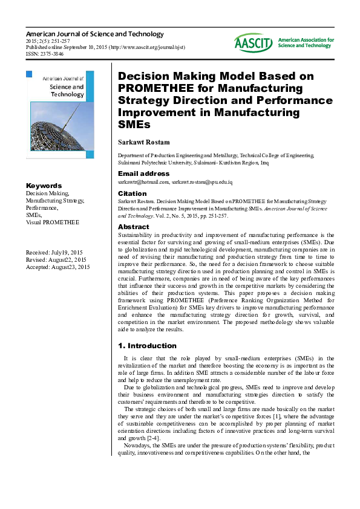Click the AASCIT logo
(x=254, y=42)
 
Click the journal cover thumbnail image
(x=60, y=115)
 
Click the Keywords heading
(x=44, y=186)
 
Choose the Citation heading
(x=132, y=193)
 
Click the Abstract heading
(x=133, y=227)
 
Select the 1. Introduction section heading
(x=147, y=346)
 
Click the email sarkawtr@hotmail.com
(x=143, y=182)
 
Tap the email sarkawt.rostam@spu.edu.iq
(x=203, y=182)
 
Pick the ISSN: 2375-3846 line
(x=45, y=54)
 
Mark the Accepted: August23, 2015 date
(x=57, y=267)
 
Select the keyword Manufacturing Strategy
(x=54, y=200)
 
